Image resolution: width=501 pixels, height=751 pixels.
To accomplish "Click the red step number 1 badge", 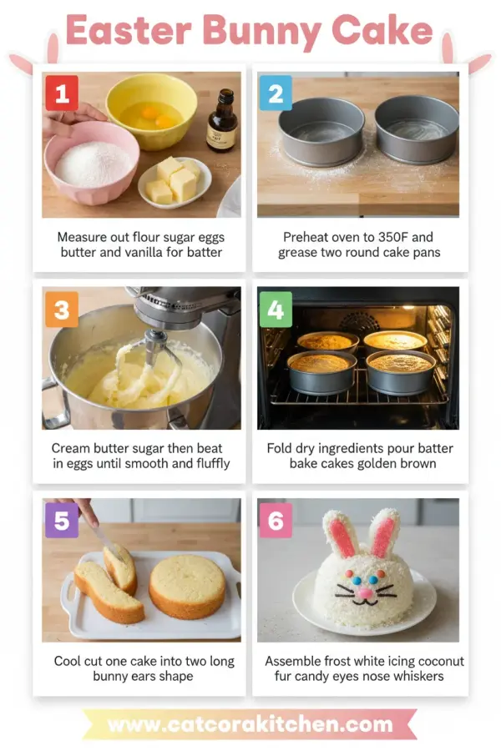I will point(62,93).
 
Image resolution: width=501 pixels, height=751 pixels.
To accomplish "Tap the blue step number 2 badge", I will point(276,93).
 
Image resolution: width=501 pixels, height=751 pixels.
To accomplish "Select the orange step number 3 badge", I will point(62,310).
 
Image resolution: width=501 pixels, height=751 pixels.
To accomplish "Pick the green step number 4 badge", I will point(276,310).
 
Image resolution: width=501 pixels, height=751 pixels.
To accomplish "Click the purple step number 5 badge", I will point(62,521).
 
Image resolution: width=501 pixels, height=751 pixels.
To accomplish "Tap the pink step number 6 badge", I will point(276,521).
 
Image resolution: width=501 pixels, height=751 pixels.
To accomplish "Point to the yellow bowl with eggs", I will point(151,110).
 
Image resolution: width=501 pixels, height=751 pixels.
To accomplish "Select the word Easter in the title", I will point(128,31).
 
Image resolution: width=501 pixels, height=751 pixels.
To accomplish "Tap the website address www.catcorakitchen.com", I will point(250,723).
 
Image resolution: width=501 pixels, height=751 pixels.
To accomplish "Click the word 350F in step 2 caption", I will point(397,237).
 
